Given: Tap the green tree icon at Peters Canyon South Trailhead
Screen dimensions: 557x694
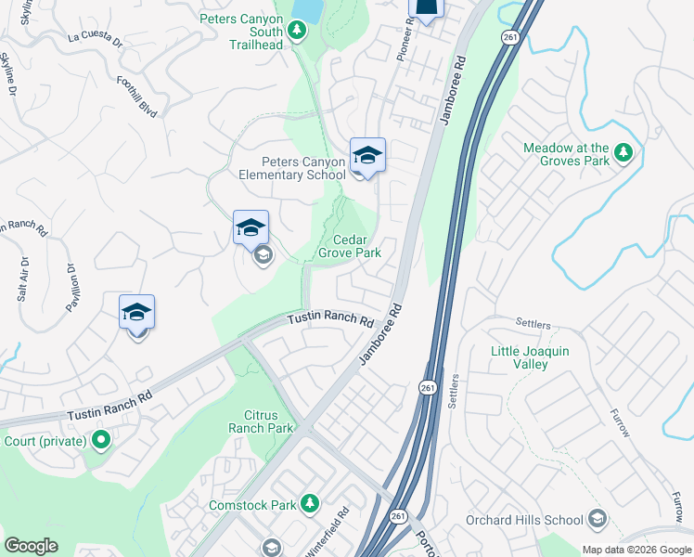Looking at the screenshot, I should pyautogui.click(x=297, y=31).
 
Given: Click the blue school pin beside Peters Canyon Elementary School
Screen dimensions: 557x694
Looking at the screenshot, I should pyautogui.click(x=367, y=156).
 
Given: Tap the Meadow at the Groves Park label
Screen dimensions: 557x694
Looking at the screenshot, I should pyautogui.click(x=566, y=154).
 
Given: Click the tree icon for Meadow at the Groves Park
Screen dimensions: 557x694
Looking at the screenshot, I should pyautogui.click(x=624, y=153).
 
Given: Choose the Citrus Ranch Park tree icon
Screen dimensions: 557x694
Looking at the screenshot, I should pyautogui.click(x=302, y=428).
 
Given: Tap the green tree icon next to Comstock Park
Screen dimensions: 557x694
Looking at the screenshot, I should pyautogui.click(x=310, y=504).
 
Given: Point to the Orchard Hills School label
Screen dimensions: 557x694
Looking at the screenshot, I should pyautogui.click(x=524, y=520).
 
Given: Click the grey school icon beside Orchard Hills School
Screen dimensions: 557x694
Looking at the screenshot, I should pyautogui.click(x=598, y=520).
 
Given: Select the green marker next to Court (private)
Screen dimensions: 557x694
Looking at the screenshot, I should pyautogui.click(x=100, y=440).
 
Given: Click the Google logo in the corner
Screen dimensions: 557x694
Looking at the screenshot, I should pyautogui.click(x=31, y=546).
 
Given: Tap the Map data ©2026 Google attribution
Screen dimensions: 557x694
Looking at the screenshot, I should pyautogui.click(x=636, y=550).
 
